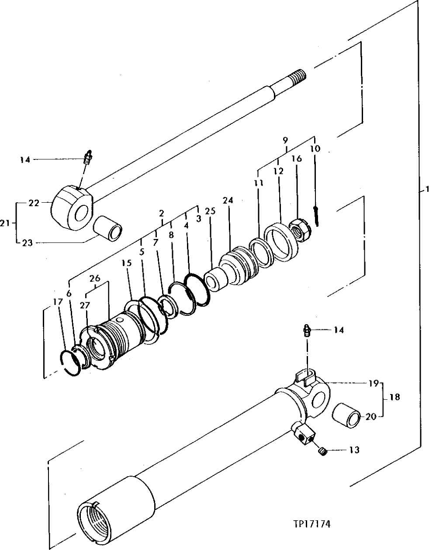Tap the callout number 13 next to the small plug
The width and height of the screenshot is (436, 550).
354,450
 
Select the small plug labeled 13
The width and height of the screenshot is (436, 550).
322,451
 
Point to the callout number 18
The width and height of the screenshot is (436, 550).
394,398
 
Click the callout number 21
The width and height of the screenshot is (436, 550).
5,223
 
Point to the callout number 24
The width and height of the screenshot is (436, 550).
228,201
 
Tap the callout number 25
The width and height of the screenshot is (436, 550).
210,211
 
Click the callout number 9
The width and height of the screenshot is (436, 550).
285,141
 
